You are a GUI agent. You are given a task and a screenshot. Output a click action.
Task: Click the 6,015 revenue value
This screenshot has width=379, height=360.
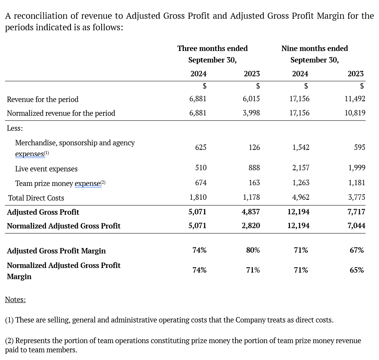point(251,99)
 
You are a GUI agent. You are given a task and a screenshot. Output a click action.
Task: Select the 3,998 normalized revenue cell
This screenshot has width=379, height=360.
point(251,113)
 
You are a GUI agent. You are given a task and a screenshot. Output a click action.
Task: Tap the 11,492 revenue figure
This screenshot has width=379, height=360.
point(355,99)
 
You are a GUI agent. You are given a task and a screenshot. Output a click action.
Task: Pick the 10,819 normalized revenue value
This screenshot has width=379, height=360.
point(355,113)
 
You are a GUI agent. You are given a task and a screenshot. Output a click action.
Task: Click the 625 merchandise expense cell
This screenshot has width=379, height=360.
point(201,147)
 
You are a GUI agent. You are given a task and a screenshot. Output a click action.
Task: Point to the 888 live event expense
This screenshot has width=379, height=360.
point(254,168)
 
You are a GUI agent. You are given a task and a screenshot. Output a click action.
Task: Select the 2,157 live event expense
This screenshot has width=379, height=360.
point(301,168)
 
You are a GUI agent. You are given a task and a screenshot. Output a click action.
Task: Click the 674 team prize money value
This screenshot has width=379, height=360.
point(201,182)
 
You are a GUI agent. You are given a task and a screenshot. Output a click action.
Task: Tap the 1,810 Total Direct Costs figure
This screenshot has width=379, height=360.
point(198,197)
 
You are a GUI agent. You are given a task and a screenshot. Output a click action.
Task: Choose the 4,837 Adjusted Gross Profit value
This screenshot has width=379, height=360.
point(251,212)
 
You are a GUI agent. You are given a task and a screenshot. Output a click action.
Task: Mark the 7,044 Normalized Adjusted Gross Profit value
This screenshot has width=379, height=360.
point(356,226)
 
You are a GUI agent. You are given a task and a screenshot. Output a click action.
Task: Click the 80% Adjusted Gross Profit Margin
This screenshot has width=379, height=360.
point(253,250)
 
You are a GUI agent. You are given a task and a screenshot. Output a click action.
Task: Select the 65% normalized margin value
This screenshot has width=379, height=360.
point(357,270)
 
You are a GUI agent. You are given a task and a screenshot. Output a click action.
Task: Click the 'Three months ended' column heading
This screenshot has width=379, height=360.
point(213,48)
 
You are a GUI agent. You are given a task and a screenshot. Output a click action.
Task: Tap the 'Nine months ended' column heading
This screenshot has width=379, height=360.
point(315,48)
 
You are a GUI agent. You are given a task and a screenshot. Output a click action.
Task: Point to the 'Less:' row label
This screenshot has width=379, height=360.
point(15,128)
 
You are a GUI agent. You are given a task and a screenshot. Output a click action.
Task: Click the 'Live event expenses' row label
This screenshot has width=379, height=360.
point(46,169)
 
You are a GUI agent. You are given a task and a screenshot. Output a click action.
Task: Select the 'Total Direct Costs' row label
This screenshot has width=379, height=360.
point(36,198)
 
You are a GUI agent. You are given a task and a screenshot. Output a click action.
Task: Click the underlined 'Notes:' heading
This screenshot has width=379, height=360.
point(15,299)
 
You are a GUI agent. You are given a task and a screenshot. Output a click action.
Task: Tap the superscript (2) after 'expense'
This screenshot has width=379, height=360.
point(103,182)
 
